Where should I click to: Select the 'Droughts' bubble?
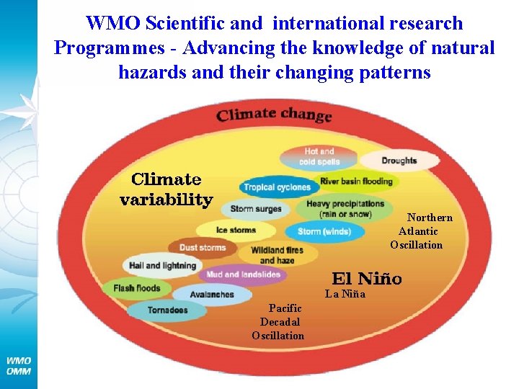(399, 161)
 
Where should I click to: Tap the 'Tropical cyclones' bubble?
(278, 187)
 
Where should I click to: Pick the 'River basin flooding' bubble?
(356, 181)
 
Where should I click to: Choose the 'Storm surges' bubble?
(256, 210)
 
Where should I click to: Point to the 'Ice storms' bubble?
(236, 231)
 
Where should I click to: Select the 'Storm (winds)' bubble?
(324, 231)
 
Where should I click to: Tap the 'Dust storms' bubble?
(203, 248)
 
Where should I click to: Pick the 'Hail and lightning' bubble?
(162, 266)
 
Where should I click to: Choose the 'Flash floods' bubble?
(137, 289)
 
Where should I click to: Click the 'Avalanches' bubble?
(213, 295)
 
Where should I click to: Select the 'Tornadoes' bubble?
(167, 310)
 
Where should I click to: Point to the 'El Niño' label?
(367, 278)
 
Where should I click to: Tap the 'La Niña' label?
(345, 294)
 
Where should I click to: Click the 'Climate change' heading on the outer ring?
(274, 115)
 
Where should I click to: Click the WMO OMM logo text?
(19, 365)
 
